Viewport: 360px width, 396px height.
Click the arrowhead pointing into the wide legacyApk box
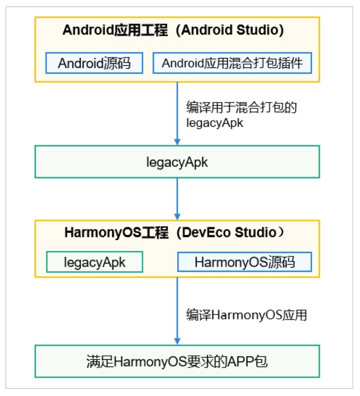[178, 141]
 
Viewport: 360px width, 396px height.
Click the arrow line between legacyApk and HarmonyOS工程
[178, 196]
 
